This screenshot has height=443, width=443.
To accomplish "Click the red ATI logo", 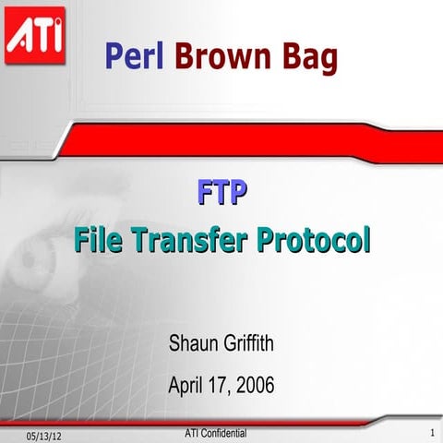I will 34,35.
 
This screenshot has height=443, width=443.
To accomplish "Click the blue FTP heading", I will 221,194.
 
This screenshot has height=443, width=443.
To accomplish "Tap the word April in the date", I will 188,384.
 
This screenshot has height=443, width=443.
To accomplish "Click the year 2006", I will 254,384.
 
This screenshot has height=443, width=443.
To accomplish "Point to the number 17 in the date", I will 221,384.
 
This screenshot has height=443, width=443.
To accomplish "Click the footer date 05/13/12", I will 45,435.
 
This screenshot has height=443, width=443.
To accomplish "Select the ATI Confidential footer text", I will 215,431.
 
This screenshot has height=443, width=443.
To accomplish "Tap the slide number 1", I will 431,433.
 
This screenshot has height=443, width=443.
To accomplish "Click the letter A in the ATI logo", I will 19,37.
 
